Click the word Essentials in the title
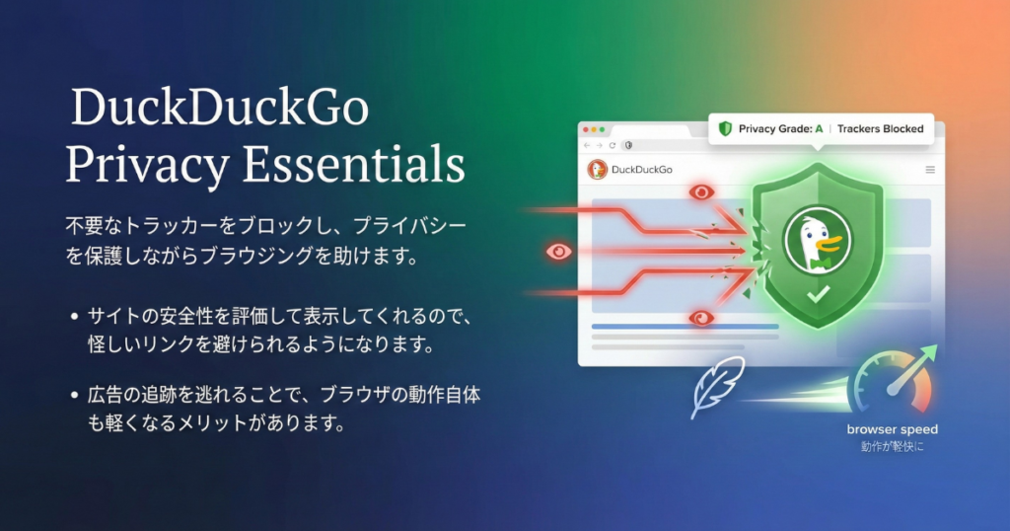(353, 164)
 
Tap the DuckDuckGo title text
(220, 107)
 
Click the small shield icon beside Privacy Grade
(725, 129)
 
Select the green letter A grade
(819, 129)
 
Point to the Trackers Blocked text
(880, 129)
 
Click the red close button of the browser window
(586, 129)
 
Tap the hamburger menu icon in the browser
(930, 170)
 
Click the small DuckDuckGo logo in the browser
(597, 170)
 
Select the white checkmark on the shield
(818, 294)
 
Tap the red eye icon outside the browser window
(558, 252)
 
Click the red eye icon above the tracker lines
(701, 192)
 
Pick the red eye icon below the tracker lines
(701, 318)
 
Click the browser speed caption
(892, 429)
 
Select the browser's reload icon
(612, 146)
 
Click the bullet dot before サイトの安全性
(75, 317)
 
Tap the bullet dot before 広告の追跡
(75, 395)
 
